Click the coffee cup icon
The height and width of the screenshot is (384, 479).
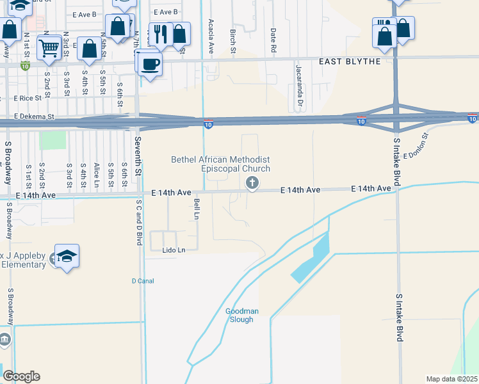[150, 65]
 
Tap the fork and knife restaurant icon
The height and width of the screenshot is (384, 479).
[160, 33]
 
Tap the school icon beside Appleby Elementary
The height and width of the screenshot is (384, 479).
[67, 257]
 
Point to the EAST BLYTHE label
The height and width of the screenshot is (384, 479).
[350, 61]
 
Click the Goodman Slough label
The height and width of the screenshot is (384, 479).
[241, 316]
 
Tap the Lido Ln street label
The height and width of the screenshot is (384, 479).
[173, 250]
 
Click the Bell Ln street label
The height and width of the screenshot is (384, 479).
[197, 209]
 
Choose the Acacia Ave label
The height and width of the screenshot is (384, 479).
[210, 36]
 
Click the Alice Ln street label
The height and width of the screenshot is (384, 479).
[96, 173]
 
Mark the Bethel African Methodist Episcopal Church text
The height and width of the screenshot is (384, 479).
[220, 164]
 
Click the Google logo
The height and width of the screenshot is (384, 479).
[21, 376]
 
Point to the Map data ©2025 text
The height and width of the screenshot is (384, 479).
[451, 379]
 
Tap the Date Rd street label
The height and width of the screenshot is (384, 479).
[273, 40]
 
